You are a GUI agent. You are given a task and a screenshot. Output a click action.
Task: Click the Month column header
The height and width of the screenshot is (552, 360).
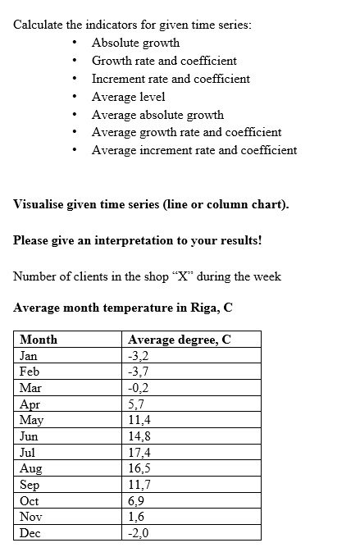[38, 340]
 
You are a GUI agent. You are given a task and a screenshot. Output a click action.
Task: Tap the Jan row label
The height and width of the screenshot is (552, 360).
[29, 356]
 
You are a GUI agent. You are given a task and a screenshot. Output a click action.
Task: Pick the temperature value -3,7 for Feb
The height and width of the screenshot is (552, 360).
[139, 372]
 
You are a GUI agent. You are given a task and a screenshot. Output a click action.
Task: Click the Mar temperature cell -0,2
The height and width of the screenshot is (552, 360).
[139, 388]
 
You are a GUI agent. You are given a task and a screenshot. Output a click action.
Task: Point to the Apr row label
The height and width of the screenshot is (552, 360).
[29, 404]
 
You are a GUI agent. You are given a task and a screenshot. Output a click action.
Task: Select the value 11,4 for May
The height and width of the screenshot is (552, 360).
[139, 420]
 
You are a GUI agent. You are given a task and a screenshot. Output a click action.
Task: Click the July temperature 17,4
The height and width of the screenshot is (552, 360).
[139, 453]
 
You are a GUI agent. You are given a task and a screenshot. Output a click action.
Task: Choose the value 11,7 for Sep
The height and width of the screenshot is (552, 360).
[139, 485]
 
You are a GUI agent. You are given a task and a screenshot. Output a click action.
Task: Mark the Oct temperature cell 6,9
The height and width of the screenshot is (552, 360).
[136, 501]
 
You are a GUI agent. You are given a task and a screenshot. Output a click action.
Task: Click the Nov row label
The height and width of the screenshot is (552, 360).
[30, 517]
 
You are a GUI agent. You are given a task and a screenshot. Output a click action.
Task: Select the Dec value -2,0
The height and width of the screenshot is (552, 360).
[139, 533]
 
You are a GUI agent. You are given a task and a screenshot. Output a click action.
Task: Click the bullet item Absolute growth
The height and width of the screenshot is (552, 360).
[135, 43]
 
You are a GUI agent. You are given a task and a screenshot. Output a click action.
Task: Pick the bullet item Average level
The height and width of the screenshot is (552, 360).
[128, 97]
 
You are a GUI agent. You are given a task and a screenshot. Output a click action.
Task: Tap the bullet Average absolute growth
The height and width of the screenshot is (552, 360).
[157, 115]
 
